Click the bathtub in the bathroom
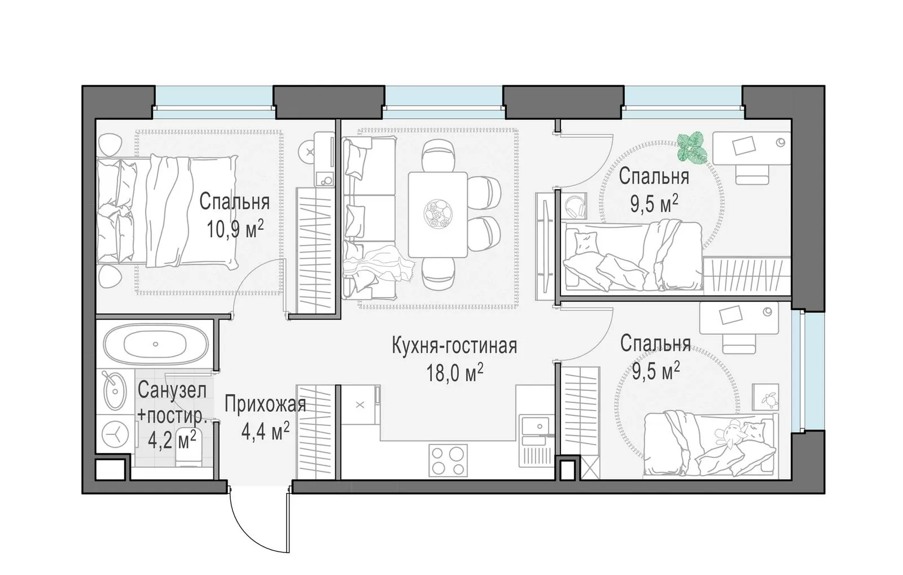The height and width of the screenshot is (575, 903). (x=156, y=344)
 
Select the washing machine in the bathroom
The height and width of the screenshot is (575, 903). (x=115, y=434)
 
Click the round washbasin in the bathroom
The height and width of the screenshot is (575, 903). (x=115, y=390)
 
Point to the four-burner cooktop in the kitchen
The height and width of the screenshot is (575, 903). (x=448, y=460)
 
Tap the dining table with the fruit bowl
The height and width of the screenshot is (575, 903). (x=438, y=214)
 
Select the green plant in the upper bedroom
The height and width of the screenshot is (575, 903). (x=692, y=147)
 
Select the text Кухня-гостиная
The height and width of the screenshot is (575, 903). (x=454, y=346)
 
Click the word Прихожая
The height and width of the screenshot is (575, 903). (x=265, y=404)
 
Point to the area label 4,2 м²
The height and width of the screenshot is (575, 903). (x=172, y=440)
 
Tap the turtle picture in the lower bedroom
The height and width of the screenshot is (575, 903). (x=766, y=397)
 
